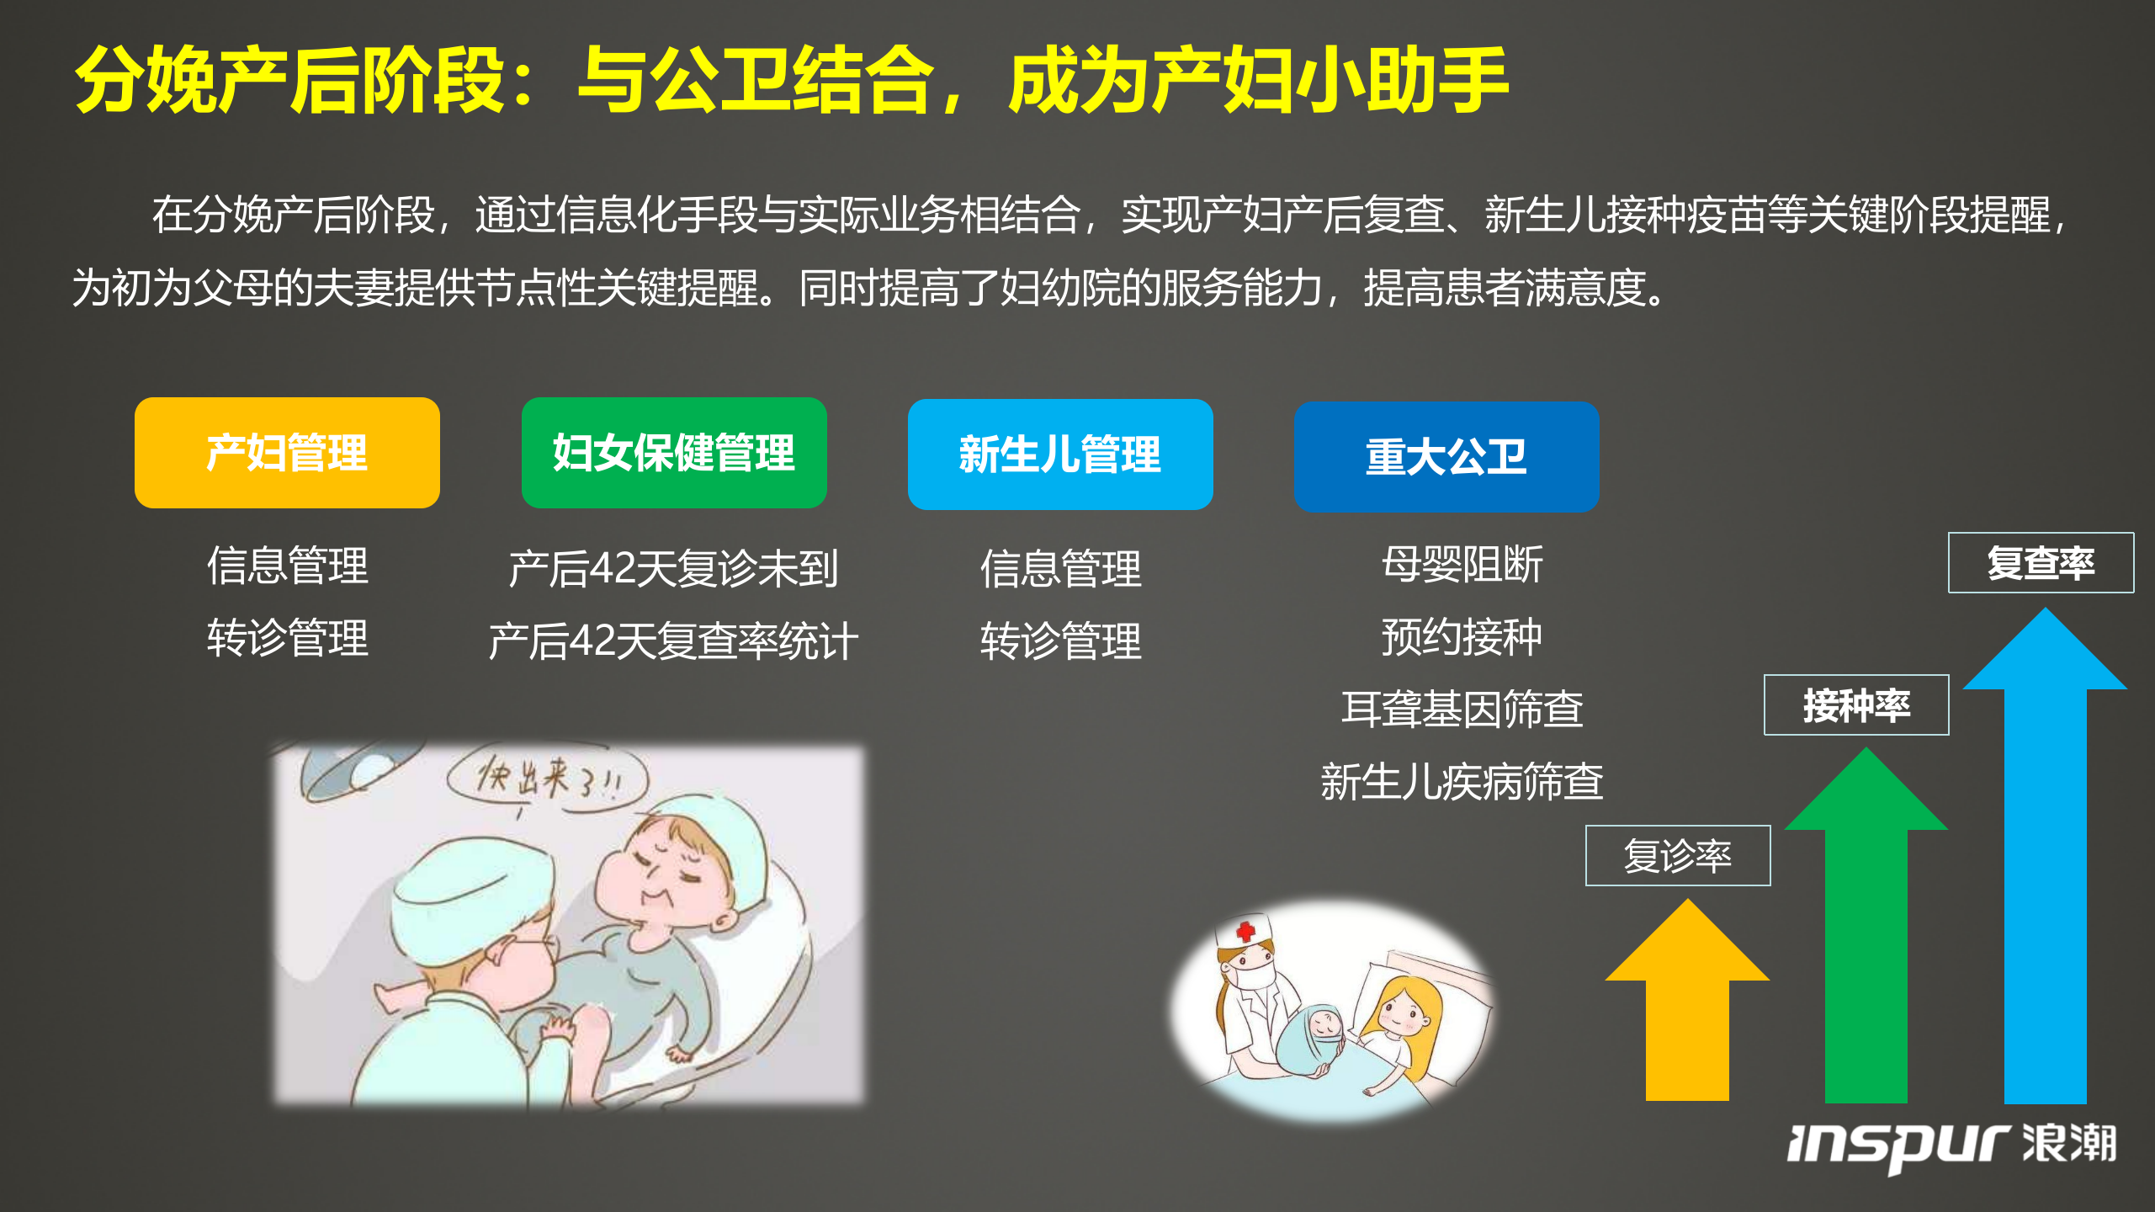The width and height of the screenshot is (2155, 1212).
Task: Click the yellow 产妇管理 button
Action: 287,453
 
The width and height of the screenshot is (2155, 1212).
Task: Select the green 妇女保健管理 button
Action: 673,453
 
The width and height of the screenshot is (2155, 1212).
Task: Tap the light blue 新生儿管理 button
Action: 1059,454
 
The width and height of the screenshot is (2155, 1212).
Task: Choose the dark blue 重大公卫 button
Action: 1446,457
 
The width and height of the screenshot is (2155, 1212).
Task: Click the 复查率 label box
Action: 2041,562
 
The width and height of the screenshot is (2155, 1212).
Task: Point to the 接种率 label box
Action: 1855,704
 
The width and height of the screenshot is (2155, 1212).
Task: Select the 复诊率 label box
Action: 1677,855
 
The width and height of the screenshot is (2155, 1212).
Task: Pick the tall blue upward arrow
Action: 2045,858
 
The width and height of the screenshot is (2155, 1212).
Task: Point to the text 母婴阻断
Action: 1462,564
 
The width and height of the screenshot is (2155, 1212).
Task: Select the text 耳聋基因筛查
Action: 1462,709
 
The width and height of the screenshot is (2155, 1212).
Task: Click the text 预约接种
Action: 1462,636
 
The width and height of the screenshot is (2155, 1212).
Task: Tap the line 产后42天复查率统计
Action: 673,641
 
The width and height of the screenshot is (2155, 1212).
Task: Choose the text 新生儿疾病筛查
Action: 1462,781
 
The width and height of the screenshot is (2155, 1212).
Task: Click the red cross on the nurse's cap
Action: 1245,931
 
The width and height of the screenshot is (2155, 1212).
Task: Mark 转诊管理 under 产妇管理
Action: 287,637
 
